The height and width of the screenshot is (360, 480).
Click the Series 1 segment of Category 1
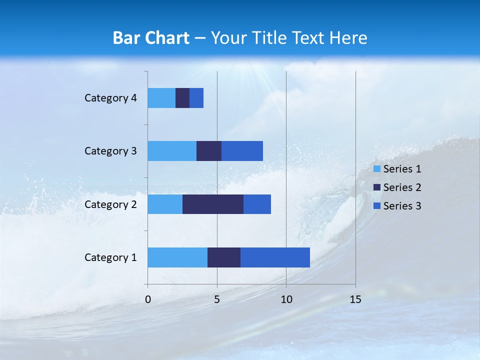177,257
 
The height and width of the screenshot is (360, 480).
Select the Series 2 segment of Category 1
224,257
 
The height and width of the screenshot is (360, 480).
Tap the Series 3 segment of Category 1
275,257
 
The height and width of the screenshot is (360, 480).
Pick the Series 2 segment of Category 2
213,204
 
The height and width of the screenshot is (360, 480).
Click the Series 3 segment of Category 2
257,204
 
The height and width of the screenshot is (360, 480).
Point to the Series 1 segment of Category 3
172,151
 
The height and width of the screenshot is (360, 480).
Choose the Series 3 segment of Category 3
242,151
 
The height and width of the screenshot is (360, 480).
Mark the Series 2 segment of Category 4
182,98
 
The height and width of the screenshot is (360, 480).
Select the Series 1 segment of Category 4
161,98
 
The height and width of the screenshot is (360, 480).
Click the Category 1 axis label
110,257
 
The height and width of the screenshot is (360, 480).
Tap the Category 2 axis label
110,204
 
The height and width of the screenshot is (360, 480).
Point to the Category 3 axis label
110,151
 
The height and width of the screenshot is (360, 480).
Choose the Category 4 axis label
110,98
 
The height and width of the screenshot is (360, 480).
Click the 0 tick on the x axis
148,299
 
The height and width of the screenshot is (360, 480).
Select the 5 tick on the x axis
217,299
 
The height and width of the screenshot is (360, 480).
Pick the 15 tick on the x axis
355,299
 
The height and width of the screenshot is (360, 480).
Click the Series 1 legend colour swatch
376,169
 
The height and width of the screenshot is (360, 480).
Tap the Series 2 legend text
402,187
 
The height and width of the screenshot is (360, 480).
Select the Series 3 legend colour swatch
376,206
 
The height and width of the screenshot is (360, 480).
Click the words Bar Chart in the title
151,38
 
